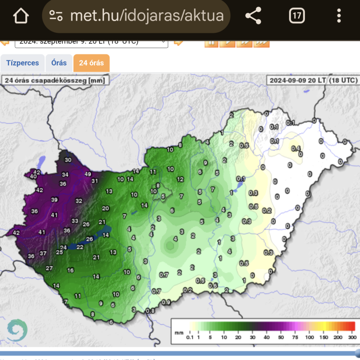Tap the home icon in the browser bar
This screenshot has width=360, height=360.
point(21,16)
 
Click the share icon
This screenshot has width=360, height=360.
point(253,16)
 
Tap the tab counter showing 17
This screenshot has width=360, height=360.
point(297,16)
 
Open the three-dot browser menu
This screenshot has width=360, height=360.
point(339,16)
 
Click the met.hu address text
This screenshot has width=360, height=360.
point(147,16)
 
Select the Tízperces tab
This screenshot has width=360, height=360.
point(22,63)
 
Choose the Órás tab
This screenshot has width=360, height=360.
point(59,63)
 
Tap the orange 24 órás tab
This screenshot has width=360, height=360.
point(92,63)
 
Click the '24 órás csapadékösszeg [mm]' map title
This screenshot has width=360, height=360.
point(55,80)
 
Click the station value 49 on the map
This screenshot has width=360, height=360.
point(88,174)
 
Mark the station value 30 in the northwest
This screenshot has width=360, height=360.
point(68,160)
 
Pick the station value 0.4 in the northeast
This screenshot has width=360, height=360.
point(295,149)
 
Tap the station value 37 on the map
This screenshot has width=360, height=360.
point(43,254)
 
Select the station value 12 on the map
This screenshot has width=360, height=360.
point(180,179)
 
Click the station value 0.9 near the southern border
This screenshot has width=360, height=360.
point(166,302)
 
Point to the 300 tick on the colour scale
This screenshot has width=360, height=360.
point(351,337)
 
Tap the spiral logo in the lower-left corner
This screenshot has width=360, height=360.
point(17,330)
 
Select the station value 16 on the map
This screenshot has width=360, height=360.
point(71,270)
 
